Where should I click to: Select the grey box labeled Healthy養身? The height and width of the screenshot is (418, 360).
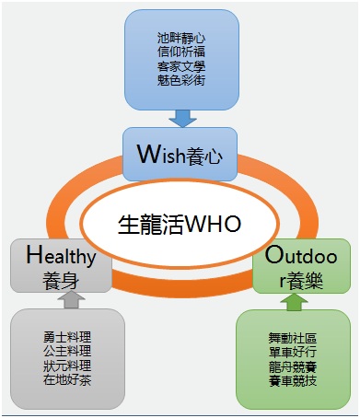61,266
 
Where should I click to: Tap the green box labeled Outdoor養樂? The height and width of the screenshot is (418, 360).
303,266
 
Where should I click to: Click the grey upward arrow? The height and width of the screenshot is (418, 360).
69,300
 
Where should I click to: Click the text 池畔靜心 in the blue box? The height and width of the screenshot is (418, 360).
180,40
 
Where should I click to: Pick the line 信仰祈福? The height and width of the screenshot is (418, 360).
180,52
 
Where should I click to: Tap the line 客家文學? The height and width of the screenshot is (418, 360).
180,66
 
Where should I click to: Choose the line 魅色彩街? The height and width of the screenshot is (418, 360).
180,80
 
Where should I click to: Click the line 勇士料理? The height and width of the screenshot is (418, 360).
68,338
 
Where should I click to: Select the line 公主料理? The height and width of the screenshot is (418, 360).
68,352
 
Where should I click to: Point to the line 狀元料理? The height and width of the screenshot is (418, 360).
68,366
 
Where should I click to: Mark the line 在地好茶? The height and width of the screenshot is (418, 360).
68,379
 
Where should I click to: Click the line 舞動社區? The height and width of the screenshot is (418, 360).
292,337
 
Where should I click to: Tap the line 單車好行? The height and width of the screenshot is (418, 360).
292,351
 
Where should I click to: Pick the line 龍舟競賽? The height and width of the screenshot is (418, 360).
292,365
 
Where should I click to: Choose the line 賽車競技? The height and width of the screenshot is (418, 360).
292,378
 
